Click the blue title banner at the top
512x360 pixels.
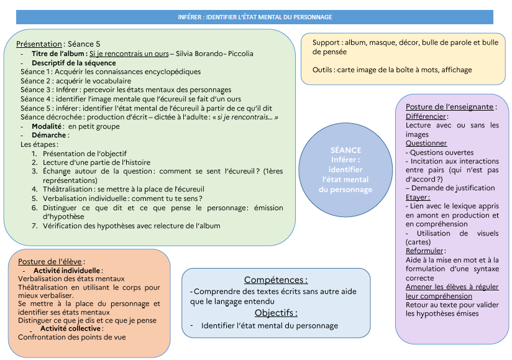(255, 17)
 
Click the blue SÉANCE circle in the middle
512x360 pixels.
(346, 170)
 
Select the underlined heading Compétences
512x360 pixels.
(275, 280)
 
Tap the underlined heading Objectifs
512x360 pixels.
(275, 313)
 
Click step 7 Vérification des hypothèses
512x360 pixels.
(130, 226)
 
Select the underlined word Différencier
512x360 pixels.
(426, 116)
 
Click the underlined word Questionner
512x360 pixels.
(426, 143)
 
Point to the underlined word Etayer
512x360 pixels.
(418, 197)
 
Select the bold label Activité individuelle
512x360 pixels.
(67, 270)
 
